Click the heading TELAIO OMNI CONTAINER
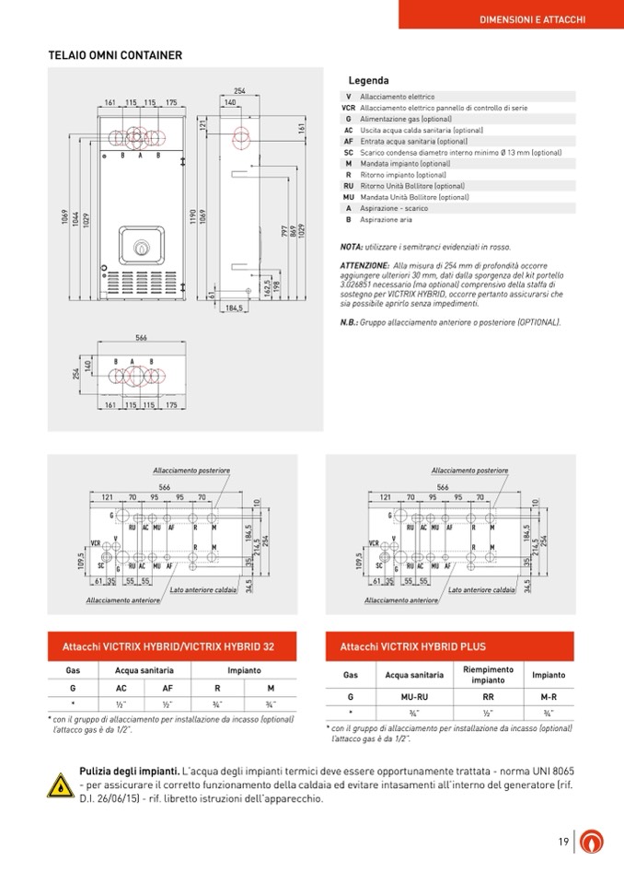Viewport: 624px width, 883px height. pos(115,55)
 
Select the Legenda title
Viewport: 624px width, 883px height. pos(368,81)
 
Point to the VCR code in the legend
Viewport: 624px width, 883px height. pos(348,108)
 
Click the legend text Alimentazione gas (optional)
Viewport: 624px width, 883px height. pos(406,119)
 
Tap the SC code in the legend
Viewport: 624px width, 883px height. pos(348,153)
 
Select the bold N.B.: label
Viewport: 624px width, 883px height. pos(350,322)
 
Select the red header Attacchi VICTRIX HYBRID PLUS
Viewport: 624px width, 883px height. pos(413,646)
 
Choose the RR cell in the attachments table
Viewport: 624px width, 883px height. pos(488,697)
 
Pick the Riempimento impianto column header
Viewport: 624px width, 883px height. pos(488,675)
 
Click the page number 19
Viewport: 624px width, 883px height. pos(561,842)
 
